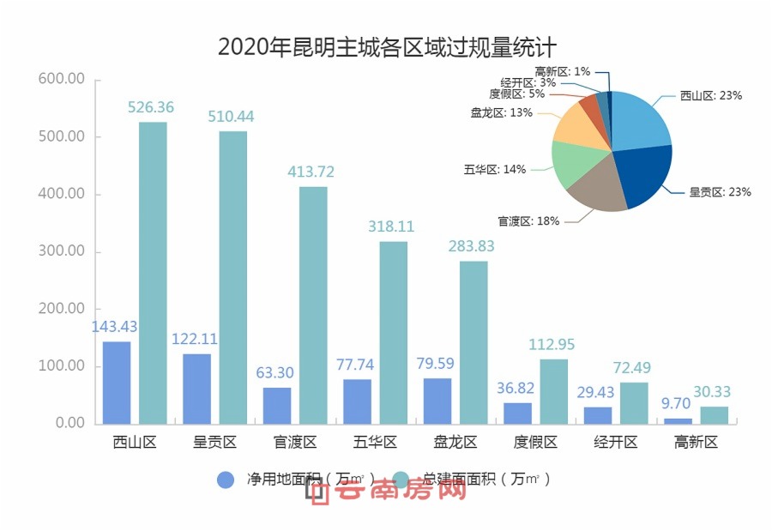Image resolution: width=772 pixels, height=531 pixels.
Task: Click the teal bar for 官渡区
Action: click(x=313, y=305)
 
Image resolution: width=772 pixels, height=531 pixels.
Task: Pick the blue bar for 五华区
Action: click(x=357, y=401)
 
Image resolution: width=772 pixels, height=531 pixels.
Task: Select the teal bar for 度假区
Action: click(x=553, y=391)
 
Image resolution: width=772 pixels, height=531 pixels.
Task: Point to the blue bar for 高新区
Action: click(x=678, y=420)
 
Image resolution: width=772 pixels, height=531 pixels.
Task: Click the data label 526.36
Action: click(x=151, y=108)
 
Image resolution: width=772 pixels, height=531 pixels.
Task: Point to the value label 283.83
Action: click(x=473, y=246)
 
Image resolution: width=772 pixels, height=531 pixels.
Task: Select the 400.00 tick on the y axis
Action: click(x=62, y=194)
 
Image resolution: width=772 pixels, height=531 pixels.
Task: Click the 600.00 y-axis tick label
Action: click(x=62, y=79)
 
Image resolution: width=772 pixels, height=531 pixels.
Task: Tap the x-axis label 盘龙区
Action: click(x=456, y=443)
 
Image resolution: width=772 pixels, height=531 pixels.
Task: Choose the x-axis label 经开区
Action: click(x=616, y=443)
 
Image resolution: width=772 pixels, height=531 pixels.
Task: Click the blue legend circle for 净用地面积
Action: click(x=226, y=480)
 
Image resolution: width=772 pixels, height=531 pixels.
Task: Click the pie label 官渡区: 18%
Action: click(x=528, y=221)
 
